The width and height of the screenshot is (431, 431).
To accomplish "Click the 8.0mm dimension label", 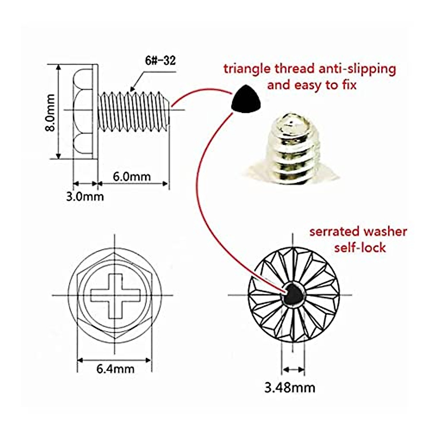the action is pyautogui.click(x=51, y=112).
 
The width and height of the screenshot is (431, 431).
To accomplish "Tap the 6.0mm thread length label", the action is pyautogui.click(x=132, y=176).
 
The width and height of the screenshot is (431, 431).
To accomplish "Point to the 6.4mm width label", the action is pyautogui.click(x=115, y=369).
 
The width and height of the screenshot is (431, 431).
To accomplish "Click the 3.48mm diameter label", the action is pyautogui.click(x=290, y=388).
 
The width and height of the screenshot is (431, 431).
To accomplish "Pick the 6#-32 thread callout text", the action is pyautogui.click(x=160, y=61).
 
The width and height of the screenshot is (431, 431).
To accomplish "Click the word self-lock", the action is pyautogui.click(x=360, y=247).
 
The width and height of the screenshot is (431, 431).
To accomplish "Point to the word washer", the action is pyautogui.click(x=385, y=232).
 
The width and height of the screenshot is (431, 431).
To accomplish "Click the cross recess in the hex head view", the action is pyautogui.click(x=115, y=295).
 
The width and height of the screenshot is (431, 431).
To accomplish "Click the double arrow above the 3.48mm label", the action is pyautogui.click(x=293, y=369).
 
